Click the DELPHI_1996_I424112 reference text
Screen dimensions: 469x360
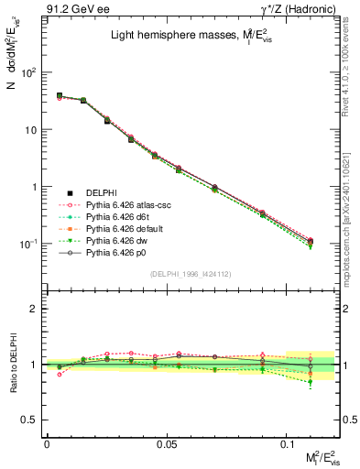[x=191, y=274]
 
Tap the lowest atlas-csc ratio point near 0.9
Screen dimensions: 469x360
[x=60, y=374]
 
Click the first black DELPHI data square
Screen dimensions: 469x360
[x=60, y=95]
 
